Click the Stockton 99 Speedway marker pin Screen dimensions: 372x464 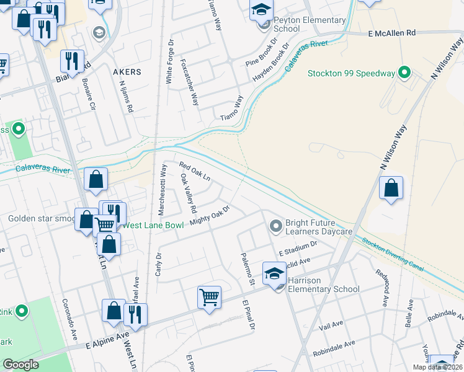pos(404,73)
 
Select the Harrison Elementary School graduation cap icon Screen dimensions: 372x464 pos(274,272)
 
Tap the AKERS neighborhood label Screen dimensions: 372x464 pos(127,72)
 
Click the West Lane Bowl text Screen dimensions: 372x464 pos(153,225)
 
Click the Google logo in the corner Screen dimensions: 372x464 pos(20,365)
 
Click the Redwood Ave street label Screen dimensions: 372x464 pos(381,286)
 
